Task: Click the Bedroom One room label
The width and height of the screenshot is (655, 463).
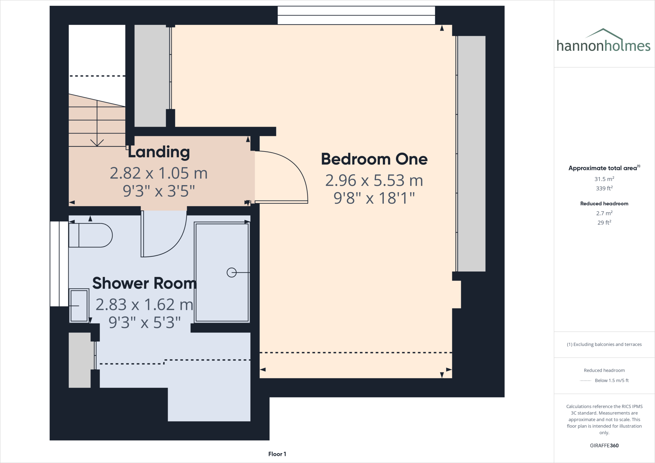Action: click(x=374, y=159)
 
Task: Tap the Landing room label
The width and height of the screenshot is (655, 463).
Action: click(x=159, y=152)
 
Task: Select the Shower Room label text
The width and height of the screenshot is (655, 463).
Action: click(x=144, y=283)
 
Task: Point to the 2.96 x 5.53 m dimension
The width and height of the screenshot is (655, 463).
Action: click(x=374, y=181)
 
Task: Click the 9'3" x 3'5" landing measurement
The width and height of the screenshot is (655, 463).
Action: click(x=159, y=191)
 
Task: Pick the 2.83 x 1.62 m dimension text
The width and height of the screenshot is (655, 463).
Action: click(x=144, y=305)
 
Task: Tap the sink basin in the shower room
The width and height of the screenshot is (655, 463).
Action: click(x=79, y=306)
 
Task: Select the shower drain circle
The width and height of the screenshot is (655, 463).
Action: click(x=232, y=272)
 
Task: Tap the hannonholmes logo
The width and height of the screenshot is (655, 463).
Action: click(x=603, y=42)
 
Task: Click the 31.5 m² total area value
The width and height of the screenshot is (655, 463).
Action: click(x=604, y=179)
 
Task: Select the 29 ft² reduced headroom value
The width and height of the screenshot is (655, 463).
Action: click(x=604, y=223)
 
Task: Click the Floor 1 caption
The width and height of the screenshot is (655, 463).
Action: click(x=277, y=454)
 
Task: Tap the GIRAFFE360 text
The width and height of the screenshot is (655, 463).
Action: click(x=604, y=445)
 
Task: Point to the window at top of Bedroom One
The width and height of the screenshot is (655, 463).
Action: click(x=356, y=15)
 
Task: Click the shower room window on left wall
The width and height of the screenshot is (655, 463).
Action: click(x=59, y=264)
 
